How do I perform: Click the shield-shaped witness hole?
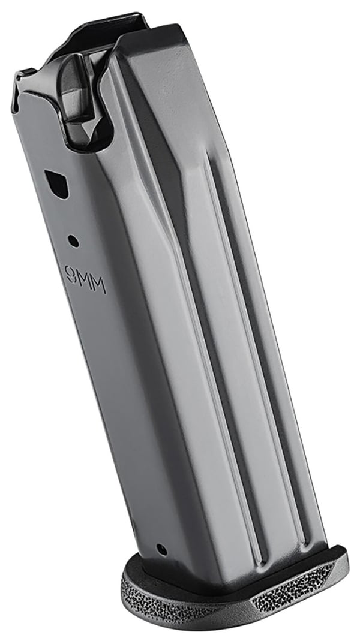pyautogui.click(x=57, y=183)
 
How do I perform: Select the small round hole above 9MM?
pyautogui.click(x=73, y=241)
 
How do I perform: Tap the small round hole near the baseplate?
pyautogui.click(x=160, y=548)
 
